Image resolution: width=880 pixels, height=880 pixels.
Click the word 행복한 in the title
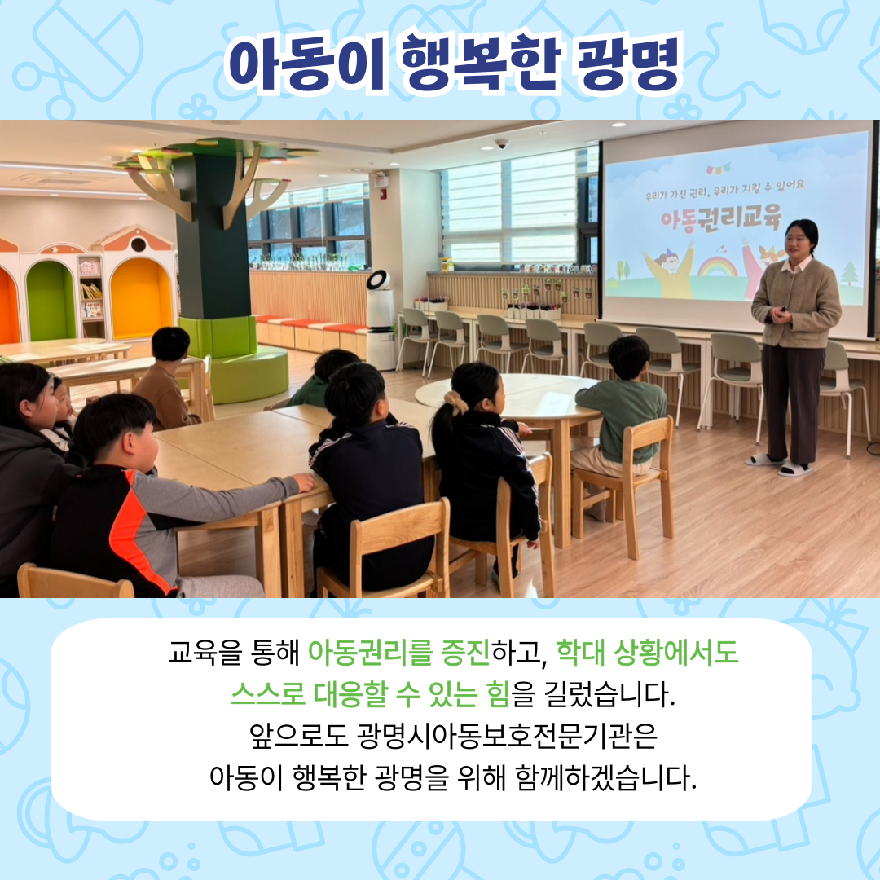(481, 63)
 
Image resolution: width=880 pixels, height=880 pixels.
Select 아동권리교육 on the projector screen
(720, 219)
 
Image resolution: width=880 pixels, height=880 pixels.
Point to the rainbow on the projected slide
(717, 267)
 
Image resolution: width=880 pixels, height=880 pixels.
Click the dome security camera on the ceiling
(501, 144)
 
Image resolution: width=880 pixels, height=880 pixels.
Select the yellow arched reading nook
(140, 298)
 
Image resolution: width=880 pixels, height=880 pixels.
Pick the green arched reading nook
(51, 300)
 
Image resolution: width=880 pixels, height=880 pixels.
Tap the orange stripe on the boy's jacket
(134, 534)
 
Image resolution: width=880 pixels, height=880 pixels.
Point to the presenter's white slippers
(780, 464)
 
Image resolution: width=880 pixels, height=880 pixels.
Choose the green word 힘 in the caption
(499, 695)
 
